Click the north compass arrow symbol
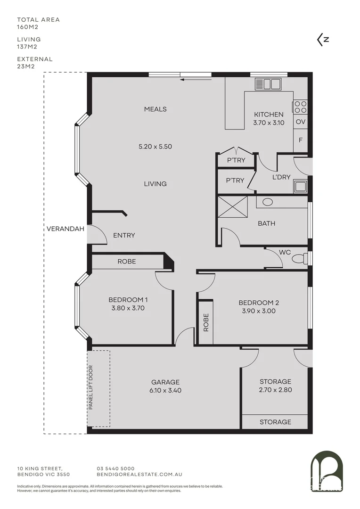pos(323,40)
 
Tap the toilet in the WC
pos(298,259)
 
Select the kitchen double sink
pos(268,84)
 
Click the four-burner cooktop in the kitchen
pos(300,107)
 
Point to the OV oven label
pos(300,122)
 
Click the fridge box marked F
pos(300,140)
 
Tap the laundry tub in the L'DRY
pos(300,186)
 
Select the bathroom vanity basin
pos(268,202)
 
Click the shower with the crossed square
pos(233,207)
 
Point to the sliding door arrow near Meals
pos(195,80)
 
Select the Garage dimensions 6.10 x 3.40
pos(165,390)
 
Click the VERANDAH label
pos(65,229)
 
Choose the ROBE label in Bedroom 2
pos(206,322)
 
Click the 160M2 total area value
pos(27,27)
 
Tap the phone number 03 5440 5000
pos(115,468)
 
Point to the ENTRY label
pos(124,235)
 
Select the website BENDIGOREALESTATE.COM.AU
pos(139,475)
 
